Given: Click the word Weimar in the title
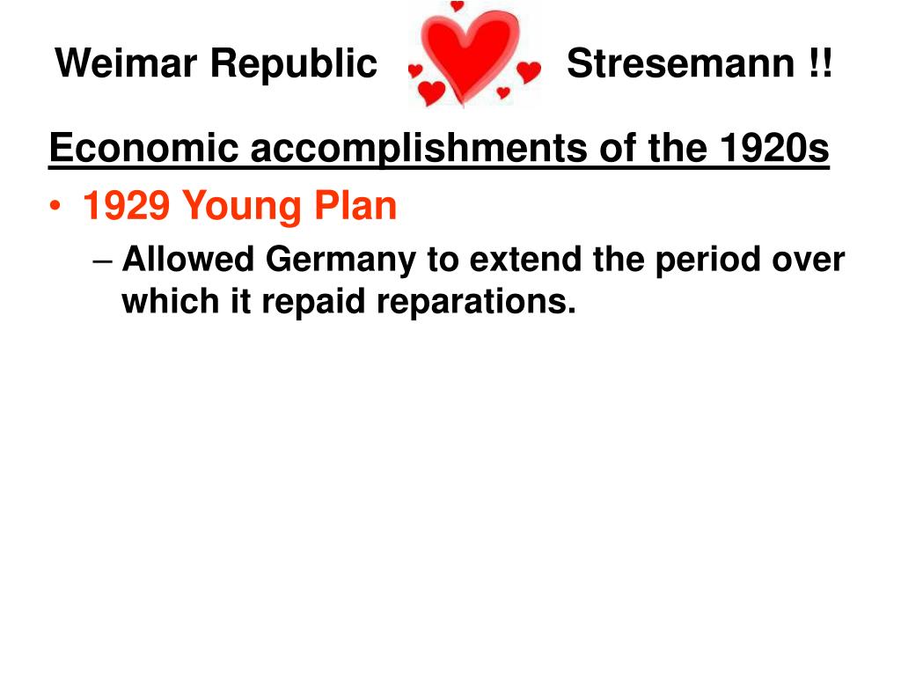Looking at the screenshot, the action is [126, 62].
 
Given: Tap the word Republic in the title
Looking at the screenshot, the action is [294, 64].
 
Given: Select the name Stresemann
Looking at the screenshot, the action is [680, 63].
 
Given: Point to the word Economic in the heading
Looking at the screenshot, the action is [143, 148].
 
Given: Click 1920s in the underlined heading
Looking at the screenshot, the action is [774, 148].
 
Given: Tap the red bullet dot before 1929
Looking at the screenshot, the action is [55, 206].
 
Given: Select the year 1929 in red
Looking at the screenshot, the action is [127, 205].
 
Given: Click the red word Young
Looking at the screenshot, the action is [242, 207].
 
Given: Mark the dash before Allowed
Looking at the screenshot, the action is [102, 261].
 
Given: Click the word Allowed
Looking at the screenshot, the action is [188, 259].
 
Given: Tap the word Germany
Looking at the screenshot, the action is [341, 261].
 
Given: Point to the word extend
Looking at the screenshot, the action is [525, 259].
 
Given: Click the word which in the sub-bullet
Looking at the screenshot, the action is [171, 301].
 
